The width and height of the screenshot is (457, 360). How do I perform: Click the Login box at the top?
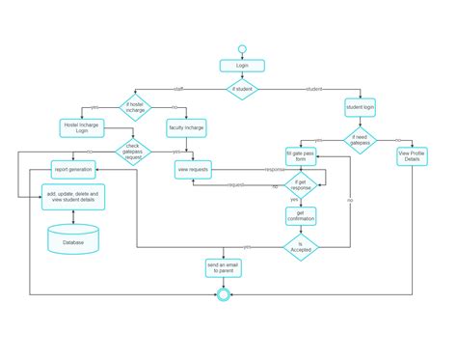click(241, 66)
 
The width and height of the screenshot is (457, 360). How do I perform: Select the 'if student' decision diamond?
click(241, 89)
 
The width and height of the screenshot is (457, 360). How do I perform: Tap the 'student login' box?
click(361, 106)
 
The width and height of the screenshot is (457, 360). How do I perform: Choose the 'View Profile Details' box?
click(413, 155)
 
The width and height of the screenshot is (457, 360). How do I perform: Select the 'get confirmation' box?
click(301, 216)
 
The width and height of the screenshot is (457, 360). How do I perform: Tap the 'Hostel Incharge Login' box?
click(82, 127)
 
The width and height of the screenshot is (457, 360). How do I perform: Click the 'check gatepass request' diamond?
click(134, 152)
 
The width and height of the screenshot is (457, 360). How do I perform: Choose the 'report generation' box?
click(73, 169)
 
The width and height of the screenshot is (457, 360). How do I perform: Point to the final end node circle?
click(224, 294)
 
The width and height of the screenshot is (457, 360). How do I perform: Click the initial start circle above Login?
click(241, 48)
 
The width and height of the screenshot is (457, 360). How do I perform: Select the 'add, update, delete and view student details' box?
click(73, 197)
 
